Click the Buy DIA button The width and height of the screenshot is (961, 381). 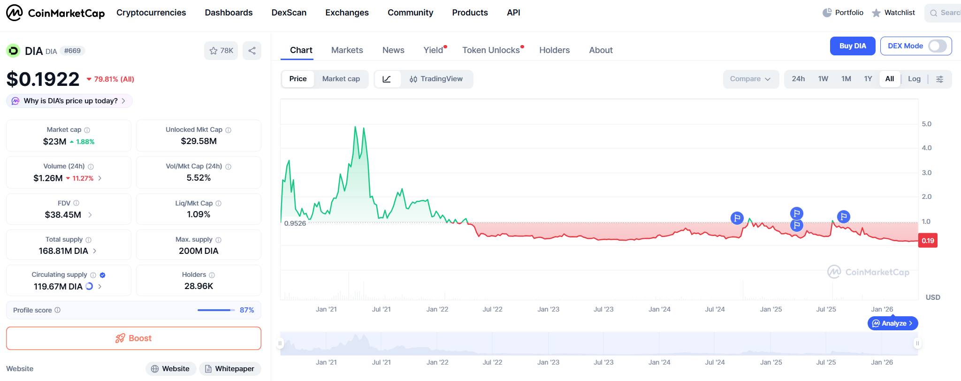[852, 46]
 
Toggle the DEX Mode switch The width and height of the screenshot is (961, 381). [937, 46]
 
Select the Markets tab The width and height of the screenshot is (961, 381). [347, 50]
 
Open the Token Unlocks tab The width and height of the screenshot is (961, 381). [491, 50]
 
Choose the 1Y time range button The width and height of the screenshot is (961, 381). [868, 79]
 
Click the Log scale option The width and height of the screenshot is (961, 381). [914, 79]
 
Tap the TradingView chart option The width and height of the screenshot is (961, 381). [436, 79]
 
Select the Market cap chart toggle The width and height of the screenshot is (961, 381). [341, 79]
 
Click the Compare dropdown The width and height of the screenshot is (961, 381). [750, 79]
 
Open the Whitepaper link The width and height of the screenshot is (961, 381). [230, 369]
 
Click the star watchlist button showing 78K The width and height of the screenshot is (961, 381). [221, 51]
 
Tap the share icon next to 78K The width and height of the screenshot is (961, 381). [252, 51]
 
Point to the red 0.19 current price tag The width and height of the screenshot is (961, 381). [927, 241]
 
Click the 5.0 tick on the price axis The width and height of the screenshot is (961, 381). [926, 124]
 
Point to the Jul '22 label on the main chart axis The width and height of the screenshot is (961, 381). [492, 309]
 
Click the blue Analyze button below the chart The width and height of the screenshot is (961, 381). [892, 323]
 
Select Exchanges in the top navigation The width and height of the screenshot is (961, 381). [347, 13]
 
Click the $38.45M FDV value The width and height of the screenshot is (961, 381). [63, 215]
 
